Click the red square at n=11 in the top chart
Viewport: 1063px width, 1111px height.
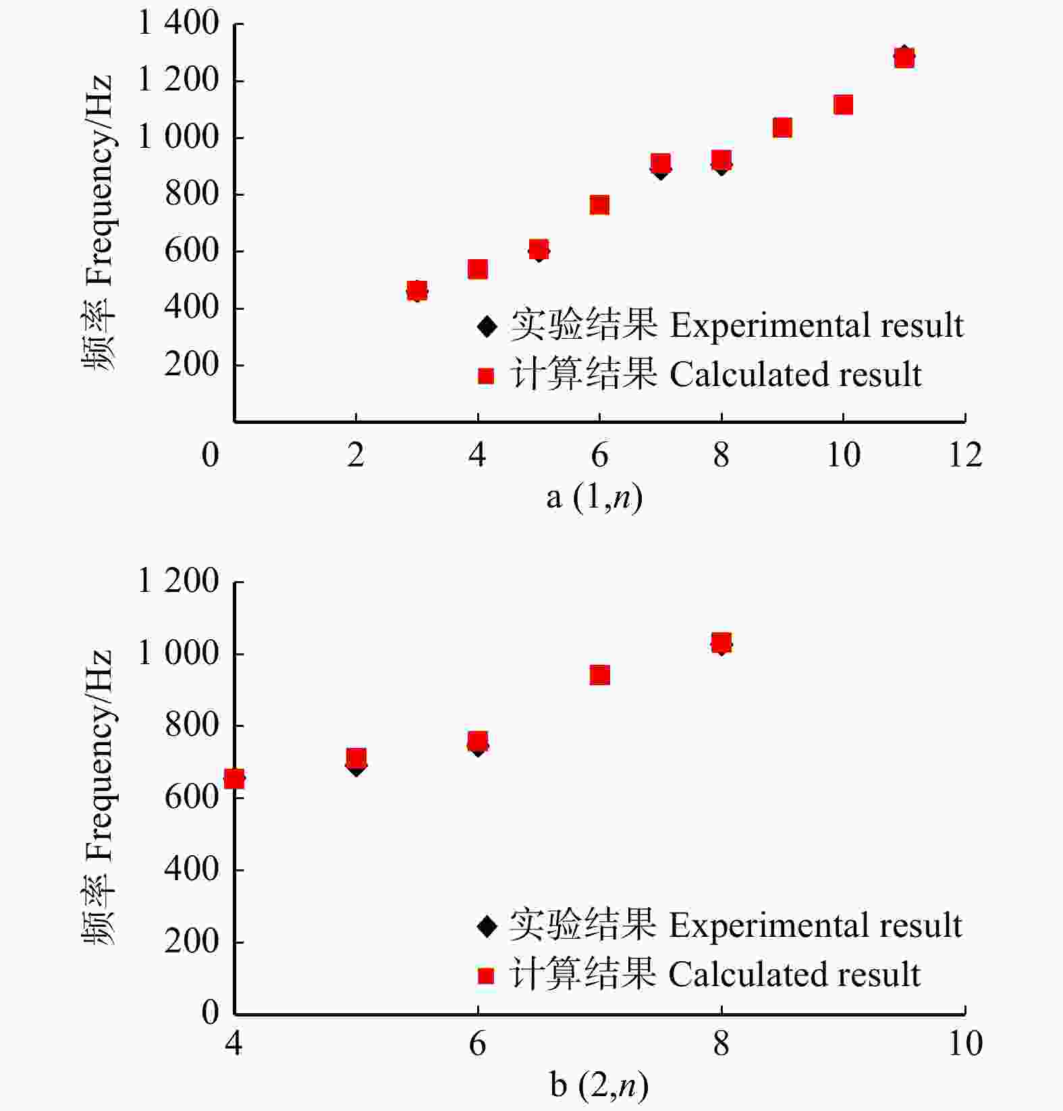pyautogui.click(x=904, y=58)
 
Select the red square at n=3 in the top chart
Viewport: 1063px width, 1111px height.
pyautogui.click(x=417, y=291)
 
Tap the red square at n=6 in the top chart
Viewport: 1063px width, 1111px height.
pyautogui.click(x=599, y=205)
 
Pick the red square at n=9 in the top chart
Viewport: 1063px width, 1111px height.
pyautogui.click(x=782, y=128)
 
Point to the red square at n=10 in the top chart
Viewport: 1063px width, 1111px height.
pyautogui.click(x=843, y=105)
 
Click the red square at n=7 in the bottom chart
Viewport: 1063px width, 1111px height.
pyautogui.click(x=599, y=675)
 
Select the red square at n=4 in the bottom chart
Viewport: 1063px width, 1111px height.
pyautogui.click(x=234, y=779)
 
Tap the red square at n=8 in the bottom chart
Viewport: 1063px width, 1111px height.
pyautogui.click(x=721, y=643)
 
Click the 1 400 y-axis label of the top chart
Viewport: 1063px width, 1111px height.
pyautogui.click(x=178, y=24)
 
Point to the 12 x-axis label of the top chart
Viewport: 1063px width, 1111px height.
pyautogui.click(x=965, y=455)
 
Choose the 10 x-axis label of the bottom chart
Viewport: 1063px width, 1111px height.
pyautogui.click(x=965, y=1044)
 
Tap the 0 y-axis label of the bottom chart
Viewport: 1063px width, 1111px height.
pyautogui.click(x=211, y=1012)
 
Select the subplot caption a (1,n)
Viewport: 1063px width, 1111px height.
pyautogui.click(x=594, y=498)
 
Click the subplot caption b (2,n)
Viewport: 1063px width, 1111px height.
pyautogui.click(x=599, y=1086)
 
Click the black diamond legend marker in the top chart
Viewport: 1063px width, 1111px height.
pyautogui.click(x=486, y=327)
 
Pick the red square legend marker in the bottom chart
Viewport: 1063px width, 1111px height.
pyautogui.click(x=486, y=976)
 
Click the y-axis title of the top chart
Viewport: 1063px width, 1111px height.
pyautogui.click(x=99, y=223)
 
